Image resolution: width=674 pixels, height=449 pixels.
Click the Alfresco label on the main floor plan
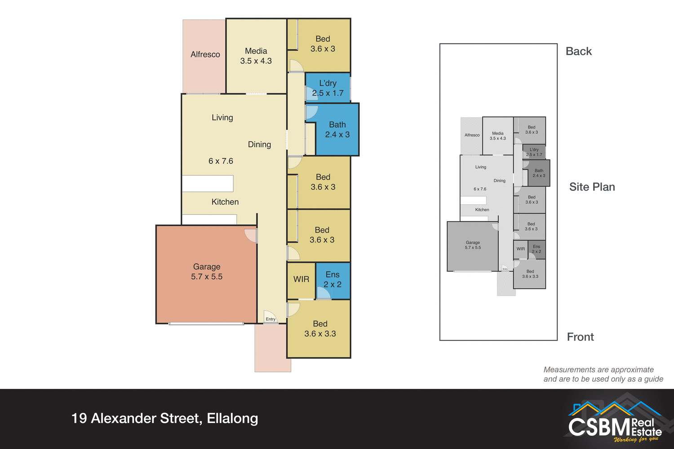click(205, 54)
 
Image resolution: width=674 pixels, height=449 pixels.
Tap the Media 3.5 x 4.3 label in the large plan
click(256, 56)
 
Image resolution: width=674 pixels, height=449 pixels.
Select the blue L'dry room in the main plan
click(328, 88)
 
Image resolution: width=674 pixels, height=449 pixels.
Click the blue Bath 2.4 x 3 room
click(337, 130)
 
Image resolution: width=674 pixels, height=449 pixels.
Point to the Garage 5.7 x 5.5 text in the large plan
click(207, 272)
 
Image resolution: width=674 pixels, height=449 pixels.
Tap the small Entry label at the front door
click(270, 319)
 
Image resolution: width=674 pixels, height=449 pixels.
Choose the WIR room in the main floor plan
click(301, 279)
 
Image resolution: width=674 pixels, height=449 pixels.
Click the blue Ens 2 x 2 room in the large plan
click(333, 280)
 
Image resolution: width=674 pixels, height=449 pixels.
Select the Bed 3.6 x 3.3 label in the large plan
click(320, 329)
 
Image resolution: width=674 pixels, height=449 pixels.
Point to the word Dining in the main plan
click(259, 145)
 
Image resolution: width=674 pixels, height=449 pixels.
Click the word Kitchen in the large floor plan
click(225, 202)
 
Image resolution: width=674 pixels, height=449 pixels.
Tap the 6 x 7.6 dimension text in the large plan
click(221, 161)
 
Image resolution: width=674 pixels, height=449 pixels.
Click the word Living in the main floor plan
click(222, 118)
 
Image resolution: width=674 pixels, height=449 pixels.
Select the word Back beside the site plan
click(579, 52)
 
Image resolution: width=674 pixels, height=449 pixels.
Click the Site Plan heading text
click(592, 187)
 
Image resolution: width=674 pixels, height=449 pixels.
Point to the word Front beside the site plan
click(580, 337)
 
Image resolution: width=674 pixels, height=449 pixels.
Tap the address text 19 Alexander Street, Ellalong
click(164, 418)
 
